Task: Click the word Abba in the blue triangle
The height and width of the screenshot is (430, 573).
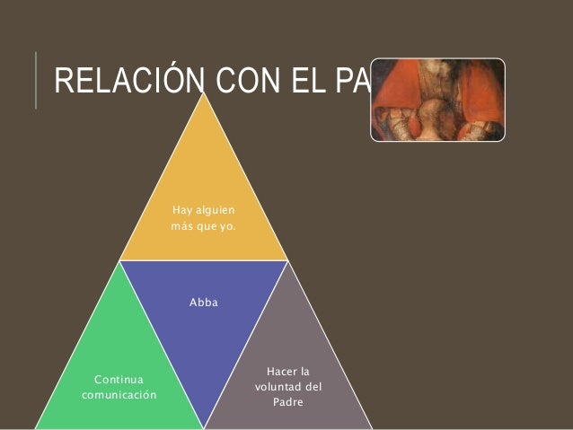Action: (203, 303)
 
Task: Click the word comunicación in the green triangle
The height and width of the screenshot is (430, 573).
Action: (119, 394)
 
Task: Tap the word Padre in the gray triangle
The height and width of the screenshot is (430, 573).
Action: (289, 401)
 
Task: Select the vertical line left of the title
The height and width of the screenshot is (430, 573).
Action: (37, 81)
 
